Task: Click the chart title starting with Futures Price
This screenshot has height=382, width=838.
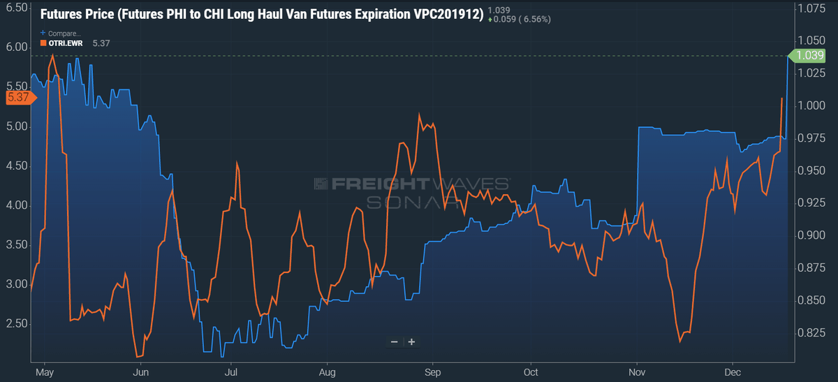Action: click(262, 14)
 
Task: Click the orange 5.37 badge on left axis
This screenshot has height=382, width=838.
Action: click(17, 98)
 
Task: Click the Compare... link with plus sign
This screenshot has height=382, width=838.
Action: click(61, 33)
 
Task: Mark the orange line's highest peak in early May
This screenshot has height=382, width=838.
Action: click(52, 55)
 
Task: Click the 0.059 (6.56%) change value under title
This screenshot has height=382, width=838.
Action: click(520, 19)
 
